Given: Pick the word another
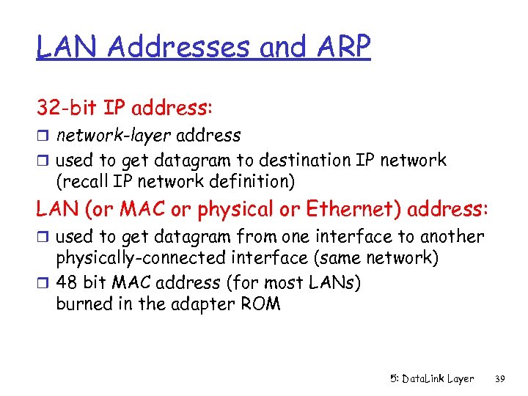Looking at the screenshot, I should pyautogui.click(x=450, y=237).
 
